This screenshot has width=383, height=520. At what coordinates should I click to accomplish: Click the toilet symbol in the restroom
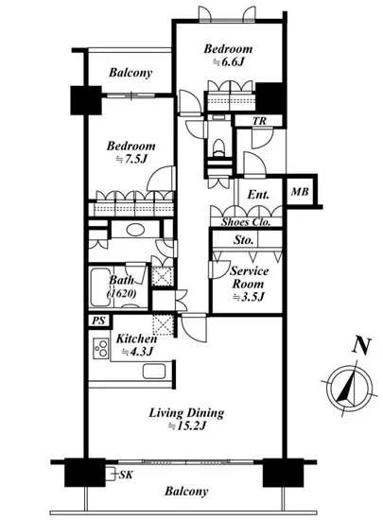[x=218, y=147]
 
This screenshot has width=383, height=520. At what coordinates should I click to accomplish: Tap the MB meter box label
[x=300, y=192]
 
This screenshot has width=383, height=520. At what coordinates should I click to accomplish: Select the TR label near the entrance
[x=259, y=121]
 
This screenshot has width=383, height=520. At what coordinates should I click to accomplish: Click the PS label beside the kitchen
[x=98, y=321]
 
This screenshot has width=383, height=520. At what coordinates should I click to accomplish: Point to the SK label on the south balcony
[x=126, y=475]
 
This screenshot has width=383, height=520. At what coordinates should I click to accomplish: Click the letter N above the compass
[x=361, y=346]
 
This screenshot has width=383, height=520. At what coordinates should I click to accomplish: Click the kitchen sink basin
[x=154, y=372]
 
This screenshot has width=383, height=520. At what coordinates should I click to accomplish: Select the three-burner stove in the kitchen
[x=101, y=348]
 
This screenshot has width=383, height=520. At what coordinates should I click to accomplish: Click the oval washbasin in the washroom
[x=135, y=230]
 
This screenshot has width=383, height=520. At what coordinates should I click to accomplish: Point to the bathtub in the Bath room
[x=98, y=286]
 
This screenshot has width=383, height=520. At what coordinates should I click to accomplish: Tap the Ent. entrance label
[x=258, y=195]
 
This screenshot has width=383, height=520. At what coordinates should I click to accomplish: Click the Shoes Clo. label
[x=246, y=222]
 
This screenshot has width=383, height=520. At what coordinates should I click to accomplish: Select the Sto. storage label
[x=244, y=239]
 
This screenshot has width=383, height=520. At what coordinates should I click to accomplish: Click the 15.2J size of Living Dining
[x=187, y=425]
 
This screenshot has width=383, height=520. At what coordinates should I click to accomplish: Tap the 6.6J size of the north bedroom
[x=229, y=62]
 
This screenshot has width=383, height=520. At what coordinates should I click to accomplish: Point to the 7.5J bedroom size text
[x=131, y=159]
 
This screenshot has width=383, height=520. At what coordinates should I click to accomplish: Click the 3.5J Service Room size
[x=249, y=297]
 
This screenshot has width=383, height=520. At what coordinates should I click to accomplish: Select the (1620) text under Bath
[x=121, y=293]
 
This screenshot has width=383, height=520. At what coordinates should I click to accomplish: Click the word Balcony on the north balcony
[x=131, y=73]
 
